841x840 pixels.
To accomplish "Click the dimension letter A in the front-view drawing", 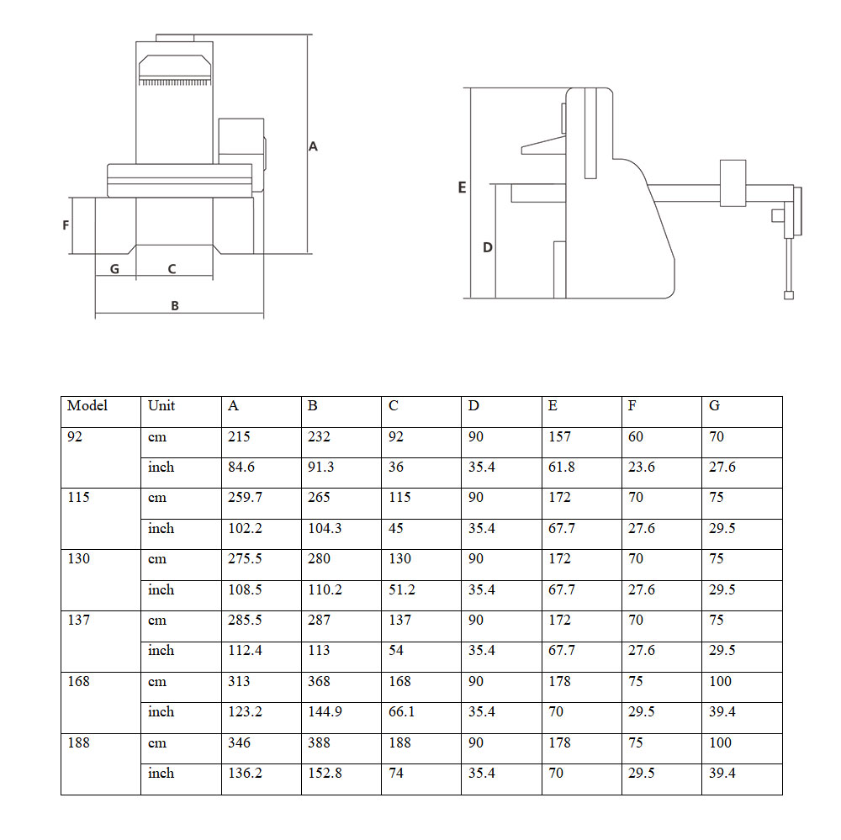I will click(313, 146).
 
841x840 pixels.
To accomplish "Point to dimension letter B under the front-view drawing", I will click(175, 306).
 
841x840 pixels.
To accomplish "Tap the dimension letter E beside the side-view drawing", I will click(462, 188).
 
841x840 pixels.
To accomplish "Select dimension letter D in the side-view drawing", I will click(487, 248).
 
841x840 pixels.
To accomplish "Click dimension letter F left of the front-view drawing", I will click(66, 225).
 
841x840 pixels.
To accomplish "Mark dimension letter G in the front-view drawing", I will click(114, 269).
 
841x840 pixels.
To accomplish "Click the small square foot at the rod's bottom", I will click(788, 294).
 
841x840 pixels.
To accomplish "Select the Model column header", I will click(87, 405).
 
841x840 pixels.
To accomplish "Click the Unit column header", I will click(161, 405).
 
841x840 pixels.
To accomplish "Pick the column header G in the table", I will click(714, 405).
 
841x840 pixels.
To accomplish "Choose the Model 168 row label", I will click(80, 681).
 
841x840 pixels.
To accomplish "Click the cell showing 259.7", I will click(245, 497).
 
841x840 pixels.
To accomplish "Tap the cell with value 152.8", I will click(325, 773).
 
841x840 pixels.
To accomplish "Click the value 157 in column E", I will click(559, 436).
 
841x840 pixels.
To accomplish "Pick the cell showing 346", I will click(239, 742).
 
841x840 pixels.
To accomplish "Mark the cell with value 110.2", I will click(325, 589).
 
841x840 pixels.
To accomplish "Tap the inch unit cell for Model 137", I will click(161, 650).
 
